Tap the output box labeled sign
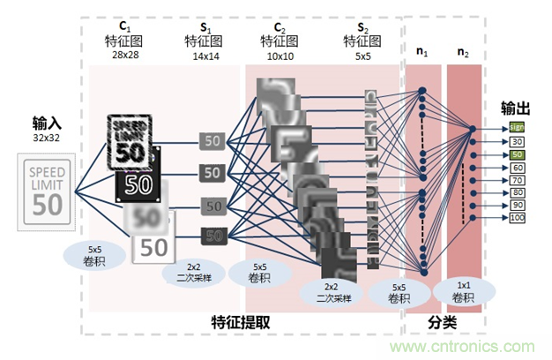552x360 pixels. point(517,127)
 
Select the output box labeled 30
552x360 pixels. point(517,141)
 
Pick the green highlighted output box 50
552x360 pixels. point(517,156)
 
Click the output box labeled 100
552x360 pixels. point(517,217)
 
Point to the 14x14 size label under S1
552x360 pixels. point(203,55)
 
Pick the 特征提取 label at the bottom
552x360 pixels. point(241,323)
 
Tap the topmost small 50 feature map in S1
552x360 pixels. point(211,140)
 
